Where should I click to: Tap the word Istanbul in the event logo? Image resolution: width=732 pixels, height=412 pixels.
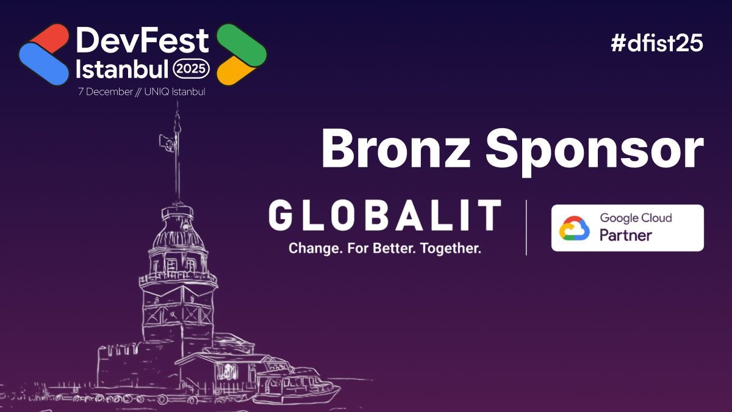[x=122, y=70]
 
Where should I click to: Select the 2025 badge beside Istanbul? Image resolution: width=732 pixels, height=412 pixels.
[x=192, y=70]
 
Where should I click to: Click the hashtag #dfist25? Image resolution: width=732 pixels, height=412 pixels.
[x=657, y=43]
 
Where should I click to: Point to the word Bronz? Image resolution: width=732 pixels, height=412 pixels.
[x=396, y=150]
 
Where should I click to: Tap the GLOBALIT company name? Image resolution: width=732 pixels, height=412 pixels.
[x=384, y=215]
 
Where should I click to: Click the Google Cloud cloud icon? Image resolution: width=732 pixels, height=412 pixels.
[x=575, y=228]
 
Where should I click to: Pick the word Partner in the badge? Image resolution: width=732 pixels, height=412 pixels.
[x=626, y=235]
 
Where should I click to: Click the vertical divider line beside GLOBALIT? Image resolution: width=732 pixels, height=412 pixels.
[x=526, y=227]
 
